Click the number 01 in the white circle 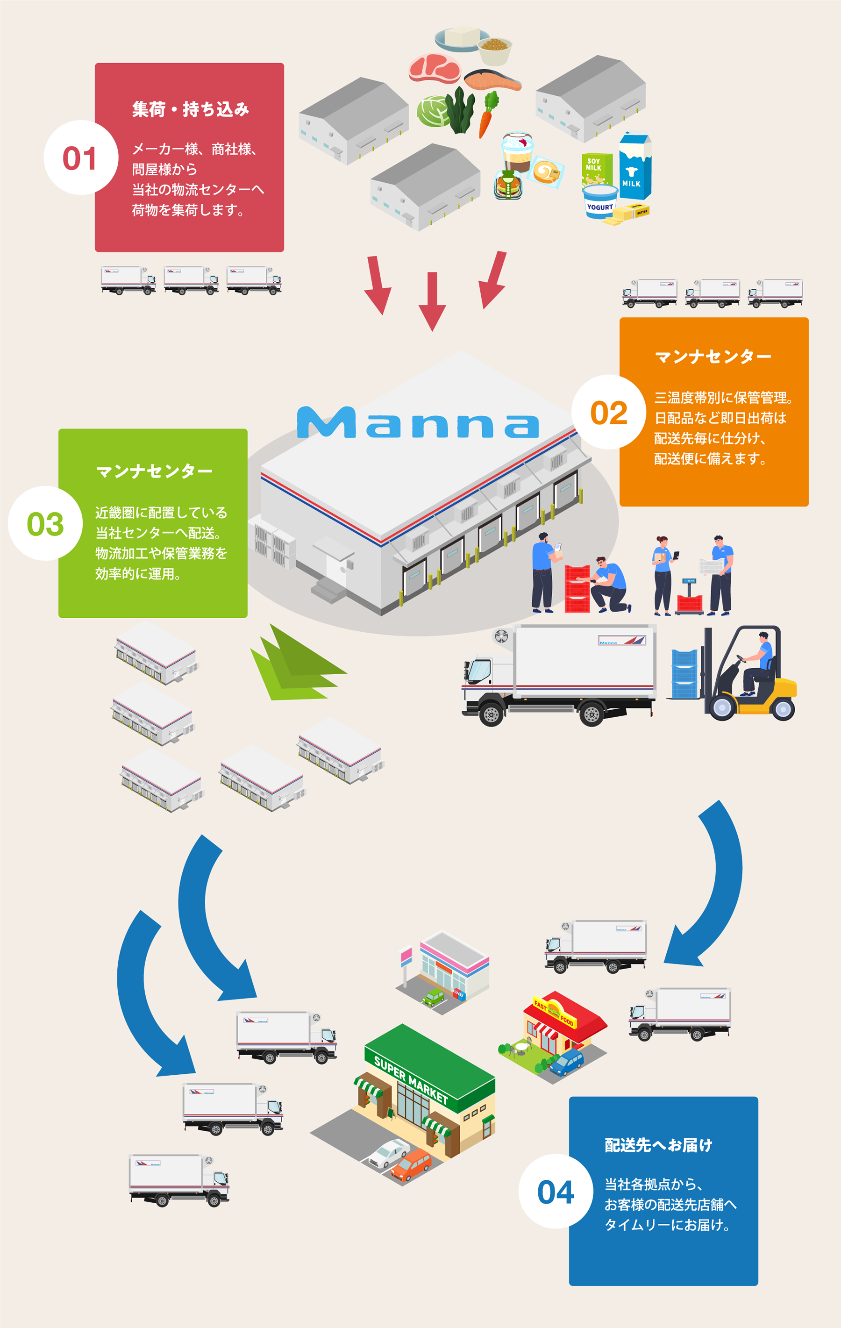click(x=80, y=158)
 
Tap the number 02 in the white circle click(x=609, y=413)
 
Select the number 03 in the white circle click(x=45, y=524)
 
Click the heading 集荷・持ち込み click(x=190, y=109)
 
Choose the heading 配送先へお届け click(x=658, y=1145)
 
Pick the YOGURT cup click(x=600, y=202)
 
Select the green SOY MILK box click(x=596, y=169)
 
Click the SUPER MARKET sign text click(x=411, y=1078)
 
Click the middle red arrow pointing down click(x=432, y=301)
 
